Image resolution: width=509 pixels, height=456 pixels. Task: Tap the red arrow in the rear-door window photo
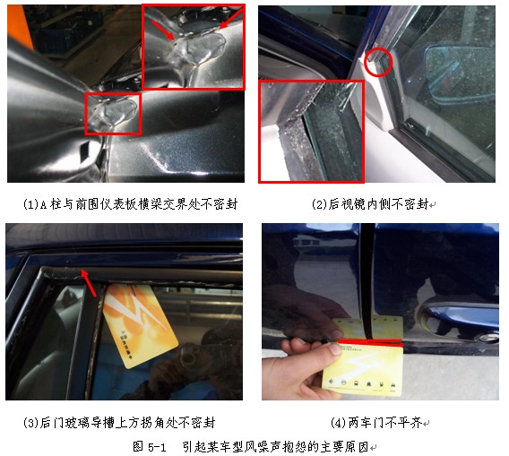pyautogui.click(x=89, y=282)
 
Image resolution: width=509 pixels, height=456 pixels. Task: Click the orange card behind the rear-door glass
pyautogui.click(x=140, y=325)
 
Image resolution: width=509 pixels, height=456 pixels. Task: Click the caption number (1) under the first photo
pyautogui.click(x=31, y=204)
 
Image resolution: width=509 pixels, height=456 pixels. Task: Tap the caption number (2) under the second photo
pyautogui.click(x=320, y=204)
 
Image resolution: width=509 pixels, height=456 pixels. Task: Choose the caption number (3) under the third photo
pyautogui.click(x=31, y=423)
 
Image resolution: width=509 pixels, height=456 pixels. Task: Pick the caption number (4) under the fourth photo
pyautogui.click(x=339, y=423)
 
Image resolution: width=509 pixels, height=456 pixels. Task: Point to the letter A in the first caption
pyautogui.click(x=44, y=205)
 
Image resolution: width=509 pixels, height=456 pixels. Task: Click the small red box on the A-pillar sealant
pyautogui.click(x=113, y=114)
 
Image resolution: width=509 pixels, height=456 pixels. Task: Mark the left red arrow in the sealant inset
pyautogui.click(x=163, y=30)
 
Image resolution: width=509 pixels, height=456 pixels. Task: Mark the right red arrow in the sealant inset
pyautogui.click(x=231, y=18)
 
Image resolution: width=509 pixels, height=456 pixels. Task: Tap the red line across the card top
pyautogui.click(x=370, y=341)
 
